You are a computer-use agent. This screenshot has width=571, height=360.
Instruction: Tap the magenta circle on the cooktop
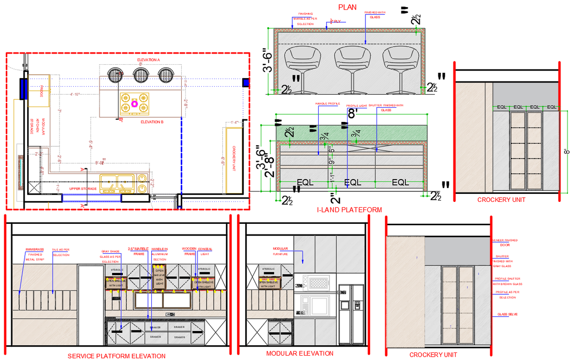click(x=134, y=103)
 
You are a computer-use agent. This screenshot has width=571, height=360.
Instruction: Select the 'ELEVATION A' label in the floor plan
click(x=148, y=60)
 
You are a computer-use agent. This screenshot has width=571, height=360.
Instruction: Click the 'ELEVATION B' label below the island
click(x=152, y=122)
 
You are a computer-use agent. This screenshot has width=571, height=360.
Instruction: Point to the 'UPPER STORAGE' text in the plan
click(x=83, y=189)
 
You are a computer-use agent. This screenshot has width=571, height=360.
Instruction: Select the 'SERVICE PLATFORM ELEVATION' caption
click(x=117, y=356)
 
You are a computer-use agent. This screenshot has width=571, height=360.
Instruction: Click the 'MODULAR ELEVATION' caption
click(x=299, y=353)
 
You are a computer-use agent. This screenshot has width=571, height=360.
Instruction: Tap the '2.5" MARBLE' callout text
click(x=138, y=249)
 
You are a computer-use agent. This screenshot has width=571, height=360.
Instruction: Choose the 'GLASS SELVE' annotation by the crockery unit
click(x=508, y=314)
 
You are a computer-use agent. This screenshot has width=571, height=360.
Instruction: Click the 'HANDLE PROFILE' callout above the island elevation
click(x=328, y=103)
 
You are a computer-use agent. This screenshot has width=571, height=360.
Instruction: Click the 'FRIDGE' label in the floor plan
click(x=41, y=91)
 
